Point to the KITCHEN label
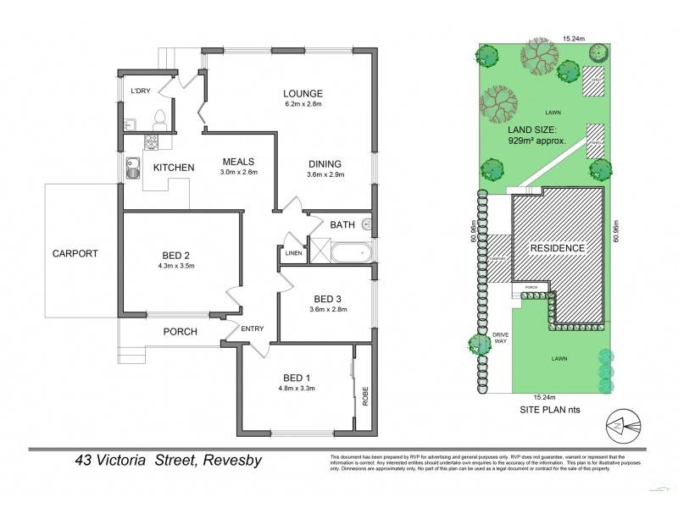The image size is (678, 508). [174, 168]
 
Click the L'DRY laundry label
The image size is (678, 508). [140, 91]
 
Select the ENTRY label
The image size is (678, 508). [252, 329]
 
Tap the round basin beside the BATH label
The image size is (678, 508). [367, 225]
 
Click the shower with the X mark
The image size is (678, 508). [320, 251]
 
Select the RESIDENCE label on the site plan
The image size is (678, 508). [557, 248]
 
